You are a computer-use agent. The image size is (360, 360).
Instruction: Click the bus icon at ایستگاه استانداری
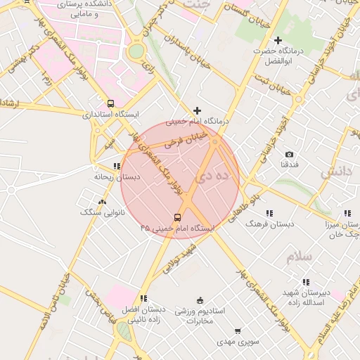click(110, 103)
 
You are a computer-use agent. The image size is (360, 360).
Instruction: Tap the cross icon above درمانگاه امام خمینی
click(197, 110)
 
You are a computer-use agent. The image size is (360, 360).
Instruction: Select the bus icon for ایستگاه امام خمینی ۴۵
click(177, 217)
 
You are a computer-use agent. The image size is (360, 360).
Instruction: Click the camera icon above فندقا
click(289, 154)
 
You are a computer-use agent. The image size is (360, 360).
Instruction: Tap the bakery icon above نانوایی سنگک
click(103, 202)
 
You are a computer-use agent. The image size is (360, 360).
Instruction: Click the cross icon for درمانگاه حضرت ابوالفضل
click(278, 40)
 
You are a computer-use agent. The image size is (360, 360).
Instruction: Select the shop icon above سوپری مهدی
click(238, 330)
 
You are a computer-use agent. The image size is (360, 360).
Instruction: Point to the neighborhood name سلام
click(300, 257)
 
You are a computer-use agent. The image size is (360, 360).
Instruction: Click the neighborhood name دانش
click(336, 172)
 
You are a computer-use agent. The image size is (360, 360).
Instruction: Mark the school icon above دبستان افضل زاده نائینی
click(143, 298)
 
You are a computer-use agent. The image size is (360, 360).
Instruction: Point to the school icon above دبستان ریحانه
click(117, 166)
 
